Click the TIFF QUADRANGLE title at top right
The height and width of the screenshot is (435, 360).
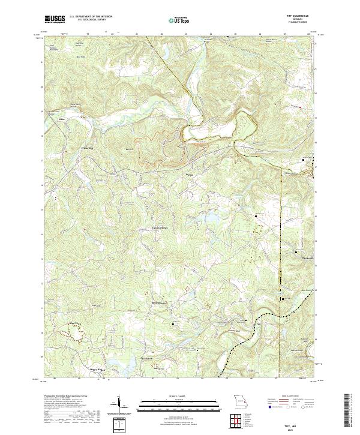[x=297, y=16]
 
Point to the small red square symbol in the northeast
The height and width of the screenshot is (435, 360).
[x=303, y=160]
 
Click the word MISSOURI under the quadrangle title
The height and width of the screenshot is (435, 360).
[x=297, y=20]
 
